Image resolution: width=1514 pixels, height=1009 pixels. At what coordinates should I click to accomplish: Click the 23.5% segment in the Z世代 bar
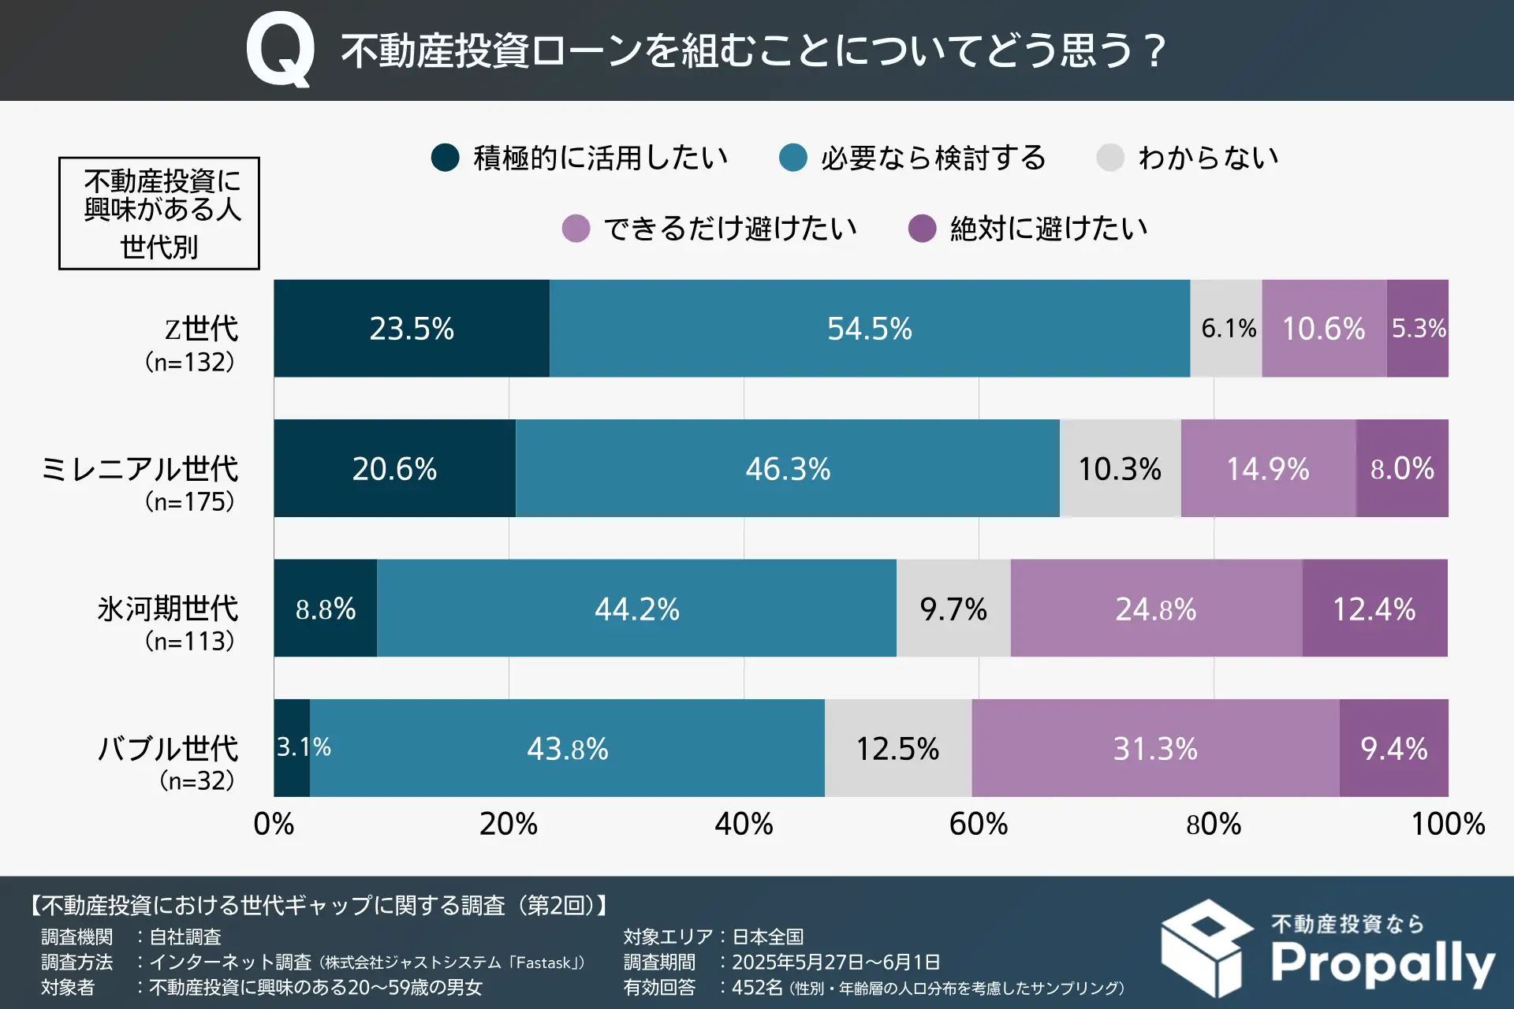412,328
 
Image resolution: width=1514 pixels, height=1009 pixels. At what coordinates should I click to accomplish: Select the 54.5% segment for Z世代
869,328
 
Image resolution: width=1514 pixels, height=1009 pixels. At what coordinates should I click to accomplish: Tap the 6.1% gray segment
1226,328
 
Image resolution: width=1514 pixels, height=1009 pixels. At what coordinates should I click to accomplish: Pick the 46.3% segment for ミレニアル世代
788,468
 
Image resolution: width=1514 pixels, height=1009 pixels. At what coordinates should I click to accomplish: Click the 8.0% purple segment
1402,468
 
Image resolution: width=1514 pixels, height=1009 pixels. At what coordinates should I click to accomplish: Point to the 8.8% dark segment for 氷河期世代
325,609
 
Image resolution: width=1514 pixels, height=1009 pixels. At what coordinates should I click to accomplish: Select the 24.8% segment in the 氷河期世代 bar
1156,609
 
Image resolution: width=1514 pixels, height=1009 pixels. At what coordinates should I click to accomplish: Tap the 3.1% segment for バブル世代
293,747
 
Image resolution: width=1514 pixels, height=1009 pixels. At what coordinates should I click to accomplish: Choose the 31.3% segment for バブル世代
1155,748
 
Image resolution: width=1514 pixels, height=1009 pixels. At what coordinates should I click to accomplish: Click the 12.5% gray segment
898,748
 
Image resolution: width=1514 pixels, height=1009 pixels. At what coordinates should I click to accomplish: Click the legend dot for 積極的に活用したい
446,158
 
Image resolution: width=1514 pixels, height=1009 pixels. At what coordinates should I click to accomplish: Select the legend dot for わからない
1110,158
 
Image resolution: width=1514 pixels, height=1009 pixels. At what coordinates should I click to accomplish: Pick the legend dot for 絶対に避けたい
922,229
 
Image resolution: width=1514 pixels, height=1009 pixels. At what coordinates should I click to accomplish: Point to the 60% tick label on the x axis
979,825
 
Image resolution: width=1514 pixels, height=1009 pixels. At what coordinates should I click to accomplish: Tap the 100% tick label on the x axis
1448,825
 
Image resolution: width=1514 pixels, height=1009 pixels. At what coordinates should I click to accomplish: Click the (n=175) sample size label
190,501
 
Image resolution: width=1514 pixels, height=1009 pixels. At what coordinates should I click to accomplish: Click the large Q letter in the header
281,50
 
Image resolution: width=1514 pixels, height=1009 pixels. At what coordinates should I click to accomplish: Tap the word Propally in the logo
1382,963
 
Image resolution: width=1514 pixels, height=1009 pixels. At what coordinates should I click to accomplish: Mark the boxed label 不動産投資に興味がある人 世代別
159,213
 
